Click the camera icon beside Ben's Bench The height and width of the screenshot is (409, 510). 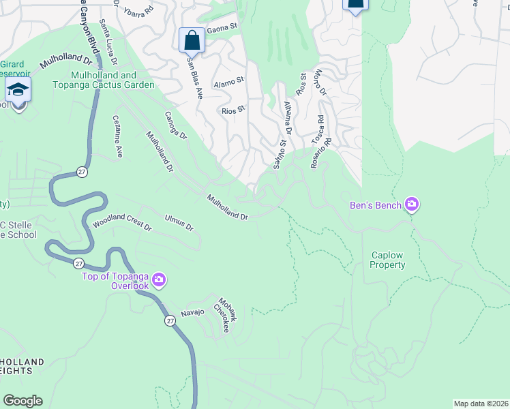412,204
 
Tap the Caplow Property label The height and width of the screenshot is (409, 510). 387,260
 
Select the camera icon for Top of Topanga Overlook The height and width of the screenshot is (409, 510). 159,280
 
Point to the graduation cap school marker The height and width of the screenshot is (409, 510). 18,90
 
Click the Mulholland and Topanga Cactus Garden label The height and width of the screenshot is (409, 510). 112,80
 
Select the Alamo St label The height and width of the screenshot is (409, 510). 228,82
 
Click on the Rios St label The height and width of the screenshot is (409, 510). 233,110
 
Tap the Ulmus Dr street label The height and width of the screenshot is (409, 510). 179,223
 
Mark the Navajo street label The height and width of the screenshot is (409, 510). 192,313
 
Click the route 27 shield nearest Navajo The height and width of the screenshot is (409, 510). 168,320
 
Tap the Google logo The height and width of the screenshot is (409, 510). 22,401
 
